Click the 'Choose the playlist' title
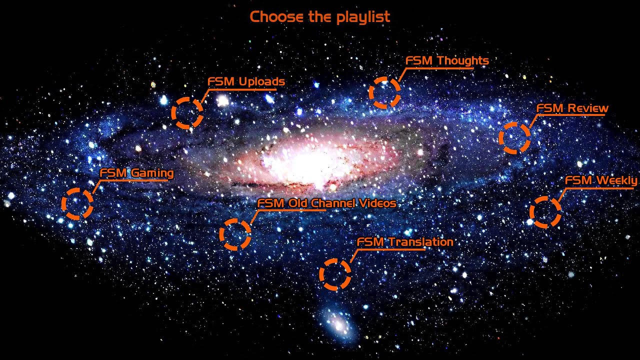[x=319, y=17]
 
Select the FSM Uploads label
[x=246, y=81]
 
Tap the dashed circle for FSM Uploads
[x=187, y=113]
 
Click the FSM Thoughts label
[x=447, y=61]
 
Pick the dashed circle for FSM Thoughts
[x=384, y=92]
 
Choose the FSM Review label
[x=572, y=108]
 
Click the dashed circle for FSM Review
[x=514, y=137]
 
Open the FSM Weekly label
[x=601, y=180]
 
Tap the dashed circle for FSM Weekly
[x=545, y=212]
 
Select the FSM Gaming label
[x=136, y=173]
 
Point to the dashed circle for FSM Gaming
[x=77, y=203]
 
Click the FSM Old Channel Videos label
[x=326, y=203]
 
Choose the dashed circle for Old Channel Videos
[x=235, y=234]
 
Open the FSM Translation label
[x=404, y=242]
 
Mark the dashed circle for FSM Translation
[x=335, y=274]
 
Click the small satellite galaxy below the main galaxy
[x=337, y=323]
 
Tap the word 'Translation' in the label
[x=420, y=242]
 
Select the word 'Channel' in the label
[x=333, y=203]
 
